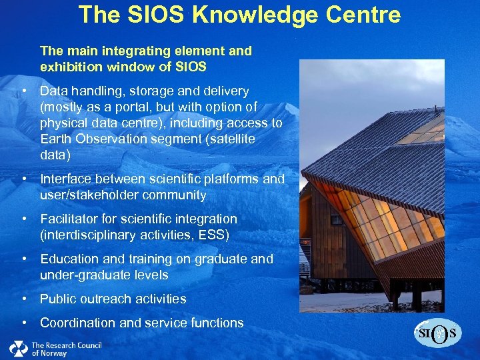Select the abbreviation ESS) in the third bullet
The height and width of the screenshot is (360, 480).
pos(217,235)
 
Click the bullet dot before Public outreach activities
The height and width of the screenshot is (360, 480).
pos(24,299)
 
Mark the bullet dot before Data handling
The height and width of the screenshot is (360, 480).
pos(24,91)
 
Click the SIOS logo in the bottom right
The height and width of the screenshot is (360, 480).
pos(438,333)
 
